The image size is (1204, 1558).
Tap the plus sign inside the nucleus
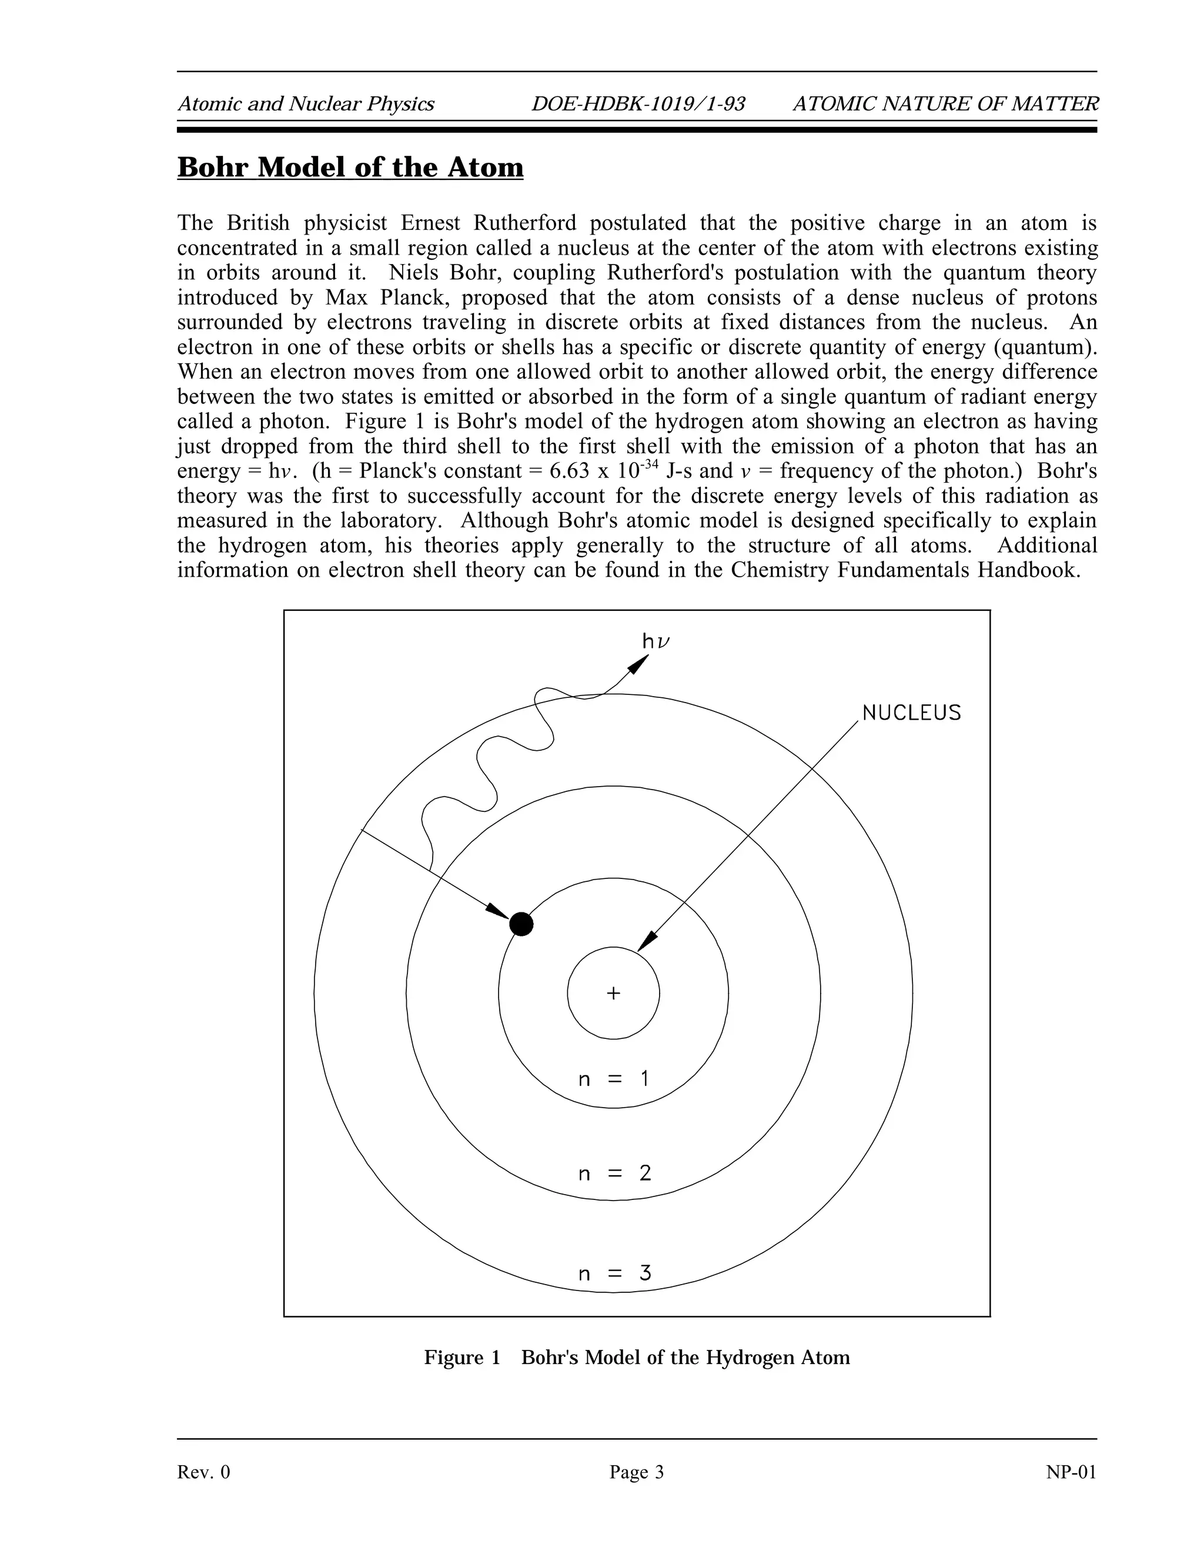pos(613,993)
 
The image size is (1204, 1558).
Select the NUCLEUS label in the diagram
pos(912,713)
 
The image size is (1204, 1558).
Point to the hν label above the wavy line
pos(656,642)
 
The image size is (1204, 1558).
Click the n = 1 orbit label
pos(613,1079)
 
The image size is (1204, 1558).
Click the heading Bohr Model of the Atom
pos(350,168)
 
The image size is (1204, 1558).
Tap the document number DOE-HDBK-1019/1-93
pos(638,105)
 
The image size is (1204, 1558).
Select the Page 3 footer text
pos(636,1472)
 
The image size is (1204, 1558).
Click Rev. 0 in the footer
pos(204,1472)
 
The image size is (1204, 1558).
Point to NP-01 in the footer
pos(1071,1472)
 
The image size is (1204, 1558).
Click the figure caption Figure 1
pos(462,1358)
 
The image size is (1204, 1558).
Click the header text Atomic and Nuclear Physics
pos(306,105)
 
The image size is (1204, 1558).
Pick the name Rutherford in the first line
pos(524,223)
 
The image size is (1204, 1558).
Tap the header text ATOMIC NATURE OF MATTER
pos(946,105)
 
